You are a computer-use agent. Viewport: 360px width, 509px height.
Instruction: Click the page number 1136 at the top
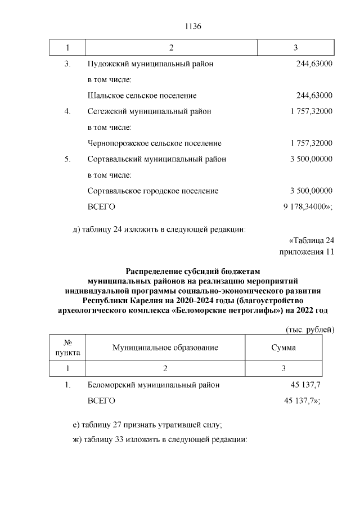(192, 27)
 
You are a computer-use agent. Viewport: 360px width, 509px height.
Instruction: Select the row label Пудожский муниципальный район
(151, 64)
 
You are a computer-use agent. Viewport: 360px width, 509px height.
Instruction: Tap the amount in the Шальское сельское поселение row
(314, 96)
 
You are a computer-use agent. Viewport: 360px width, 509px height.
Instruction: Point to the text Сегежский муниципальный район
(150, 111)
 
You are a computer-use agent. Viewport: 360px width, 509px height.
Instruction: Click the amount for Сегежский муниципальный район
(311, 111)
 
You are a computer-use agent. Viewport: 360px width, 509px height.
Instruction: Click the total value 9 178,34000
(307, 207)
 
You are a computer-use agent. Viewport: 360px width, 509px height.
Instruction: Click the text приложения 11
(307, 251)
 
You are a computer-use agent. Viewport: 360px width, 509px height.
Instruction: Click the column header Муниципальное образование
(165, 348)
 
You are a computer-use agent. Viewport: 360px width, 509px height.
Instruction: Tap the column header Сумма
(283, 348)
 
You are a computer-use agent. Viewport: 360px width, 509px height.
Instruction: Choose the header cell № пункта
(67, 348)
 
